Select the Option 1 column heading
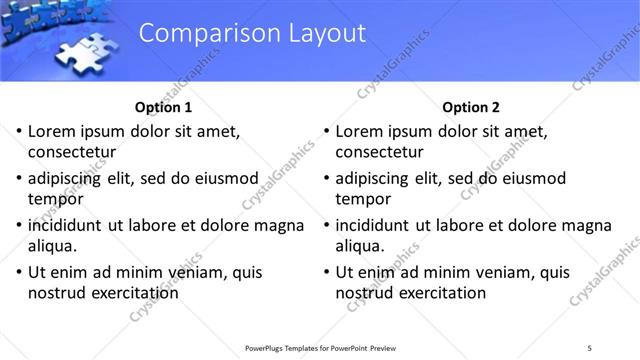click(x=162, y=107)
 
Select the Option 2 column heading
click(x=470, y=107)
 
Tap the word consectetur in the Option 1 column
click(x=72, y=153)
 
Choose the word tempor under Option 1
click(x=55, y=200)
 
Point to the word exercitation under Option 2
click(x=440, y=293)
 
